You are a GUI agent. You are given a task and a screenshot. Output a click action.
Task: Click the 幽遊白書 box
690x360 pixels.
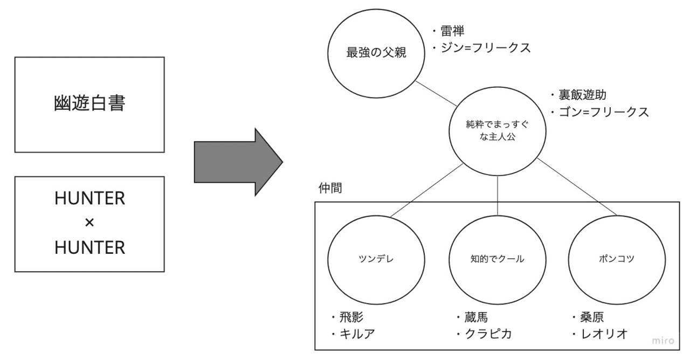tap(89, 105)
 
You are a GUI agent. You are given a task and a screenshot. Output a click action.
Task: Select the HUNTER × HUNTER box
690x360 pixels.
tap(89, 224)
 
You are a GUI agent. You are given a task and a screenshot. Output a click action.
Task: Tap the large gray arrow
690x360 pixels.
tap(238, 161)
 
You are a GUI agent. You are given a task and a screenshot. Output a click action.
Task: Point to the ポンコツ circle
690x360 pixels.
tap(616, 258)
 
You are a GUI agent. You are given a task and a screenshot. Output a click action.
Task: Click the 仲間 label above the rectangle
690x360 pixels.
tap(330, 189)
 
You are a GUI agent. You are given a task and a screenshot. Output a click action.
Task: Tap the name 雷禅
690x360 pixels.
tap(453, 31)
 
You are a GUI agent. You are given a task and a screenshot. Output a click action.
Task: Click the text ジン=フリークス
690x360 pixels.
tap(486, 47)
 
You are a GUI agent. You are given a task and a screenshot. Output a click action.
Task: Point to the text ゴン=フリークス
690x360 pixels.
tap(604, 112)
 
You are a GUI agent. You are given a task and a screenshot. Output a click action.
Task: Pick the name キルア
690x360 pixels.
tap(357, 333)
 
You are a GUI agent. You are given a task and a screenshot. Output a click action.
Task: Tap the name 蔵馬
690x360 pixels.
tap(475, 317)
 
